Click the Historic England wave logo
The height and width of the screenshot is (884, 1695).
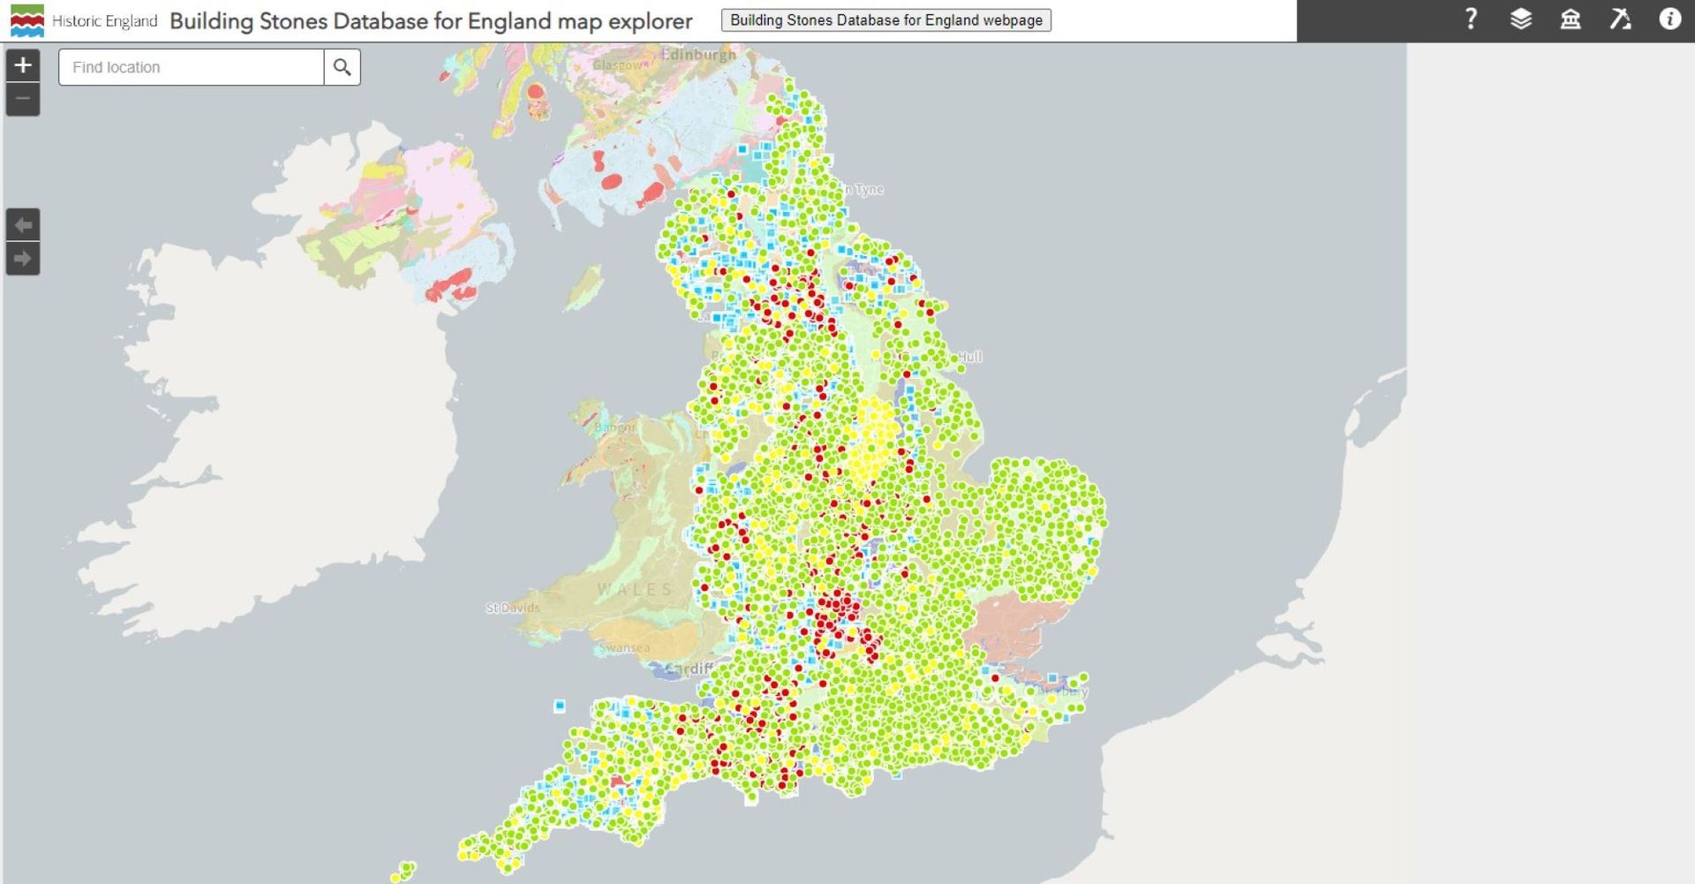pos(26,20)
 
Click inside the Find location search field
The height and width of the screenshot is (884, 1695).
pos(191,67)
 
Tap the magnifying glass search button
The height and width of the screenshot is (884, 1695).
pos(343,67)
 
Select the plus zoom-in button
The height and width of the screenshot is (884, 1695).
pos(23,64)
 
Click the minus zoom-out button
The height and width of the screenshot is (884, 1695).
pos(23,99)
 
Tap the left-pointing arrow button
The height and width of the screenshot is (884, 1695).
pos(23,225)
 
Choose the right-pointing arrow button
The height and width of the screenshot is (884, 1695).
pos(23,259)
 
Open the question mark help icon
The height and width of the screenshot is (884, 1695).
pos(1471,19)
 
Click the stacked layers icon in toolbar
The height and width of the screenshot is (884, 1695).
pos(1520,19)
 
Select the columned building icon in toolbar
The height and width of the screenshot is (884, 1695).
pos(1571,19)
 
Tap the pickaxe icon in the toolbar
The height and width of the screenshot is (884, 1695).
pos(1620,19)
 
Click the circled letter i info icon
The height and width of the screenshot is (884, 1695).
pos(1669,19)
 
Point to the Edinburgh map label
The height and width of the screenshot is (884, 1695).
pos(698,55)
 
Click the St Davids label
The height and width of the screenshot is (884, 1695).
pos(512,608)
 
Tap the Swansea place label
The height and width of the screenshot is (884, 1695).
pos(624,648)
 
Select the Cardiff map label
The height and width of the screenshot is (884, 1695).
pos(688,669)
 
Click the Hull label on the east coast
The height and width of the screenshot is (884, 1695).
pos(969,357)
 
